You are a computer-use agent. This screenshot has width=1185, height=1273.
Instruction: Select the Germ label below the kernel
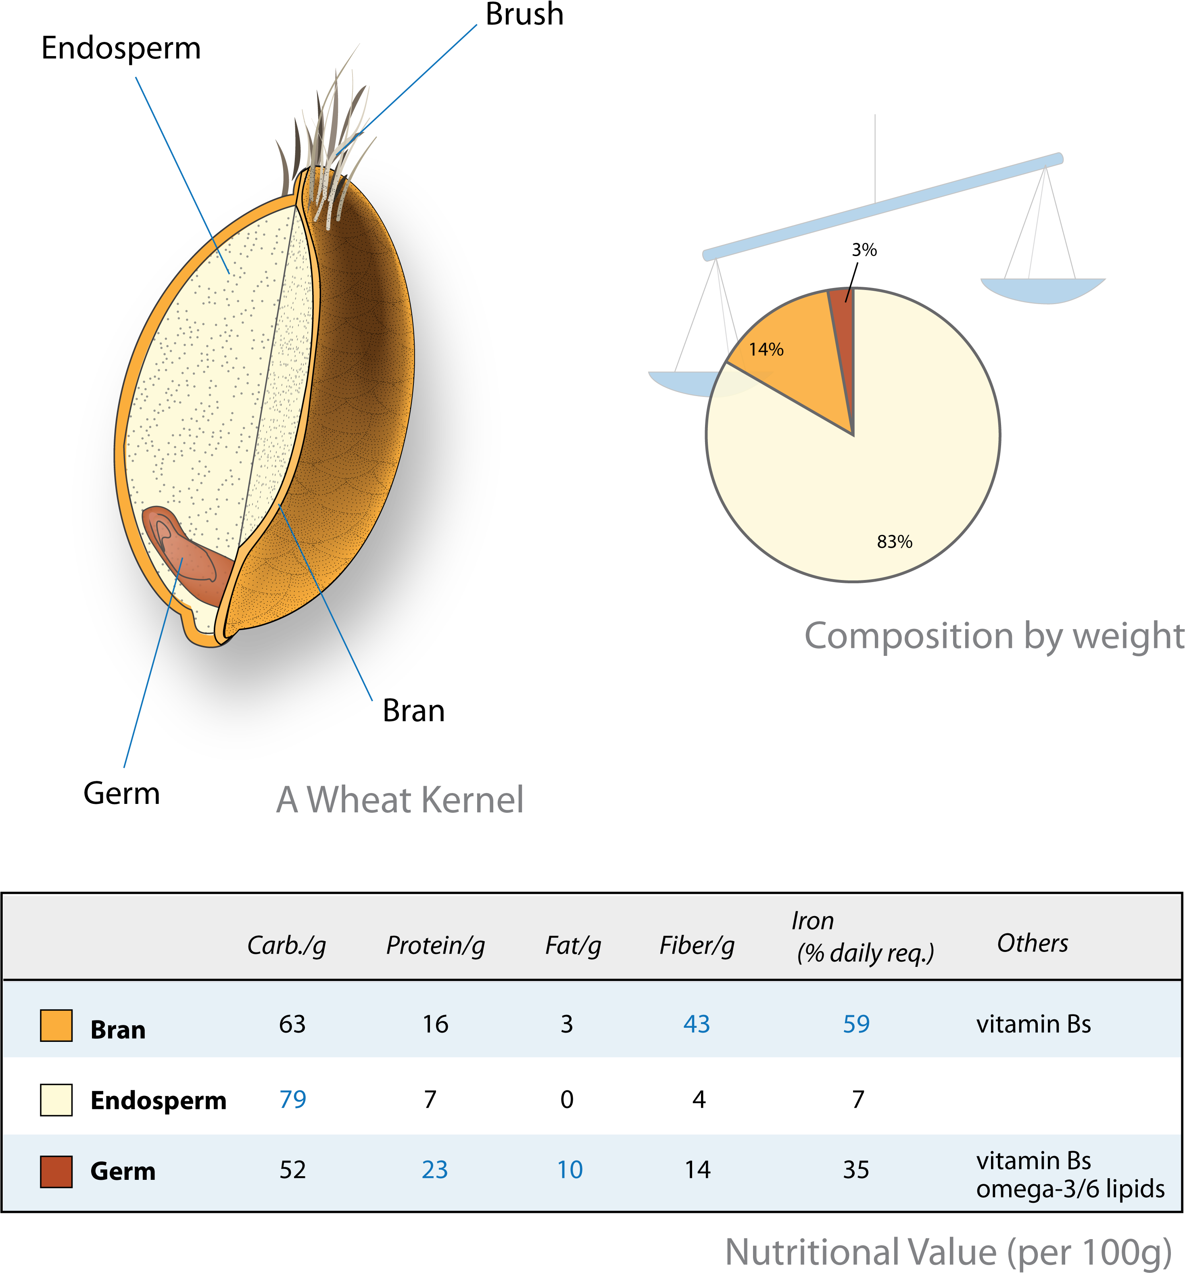coord(122,793)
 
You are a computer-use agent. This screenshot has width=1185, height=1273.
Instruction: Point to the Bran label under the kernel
coord(413,711)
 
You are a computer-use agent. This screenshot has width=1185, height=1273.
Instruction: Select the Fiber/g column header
coord(697,946)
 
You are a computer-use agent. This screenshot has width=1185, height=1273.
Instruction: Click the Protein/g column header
coord(435,946)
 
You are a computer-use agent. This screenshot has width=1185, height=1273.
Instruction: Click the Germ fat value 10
coord(570,1170)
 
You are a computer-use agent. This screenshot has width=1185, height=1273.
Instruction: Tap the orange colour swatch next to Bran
coord(56,1026)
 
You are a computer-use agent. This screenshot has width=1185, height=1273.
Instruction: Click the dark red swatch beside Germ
coord(56,1172)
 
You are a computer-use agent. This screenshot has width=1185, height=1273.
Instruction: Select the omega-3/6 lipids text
coord(1070,1189)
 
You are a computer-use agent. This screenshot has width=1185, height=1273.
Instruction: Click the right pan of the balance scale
coord(1043,290)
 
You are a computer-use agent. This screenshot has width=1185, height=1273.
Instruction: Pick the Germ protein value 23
coord(435,1170)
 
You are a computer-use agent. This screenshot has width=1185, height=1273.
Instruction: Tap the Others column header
coord(1033,943)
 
